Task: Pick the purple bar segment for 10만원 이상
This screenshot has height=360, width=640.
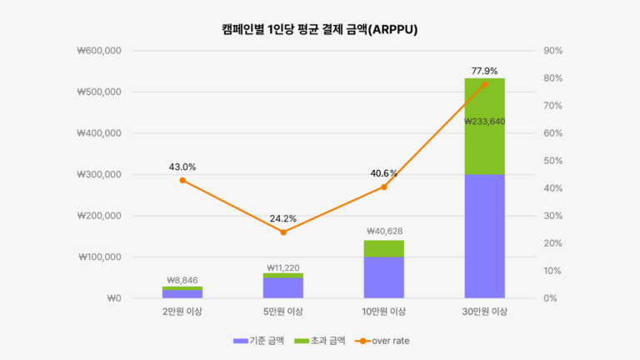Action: coord(383,277)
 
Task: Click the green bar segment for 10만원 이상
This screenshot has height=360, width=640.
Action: coord(383,248)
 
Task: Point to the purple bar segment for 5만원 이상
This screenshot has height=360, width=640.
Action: coord(282,287)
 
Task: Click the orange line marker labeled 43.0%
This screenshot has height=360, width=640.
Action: coord(182,180)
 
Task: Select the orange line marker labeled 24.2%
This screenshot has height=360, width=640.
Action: coord(282,232)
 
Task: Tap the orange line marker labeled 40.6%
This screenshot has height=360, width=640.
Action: coord(383,187)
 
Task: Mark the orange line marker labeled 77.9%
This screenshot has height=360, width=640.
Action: coord(484,84)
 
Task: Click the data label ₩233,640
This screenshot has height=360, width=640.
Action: coord(484,121)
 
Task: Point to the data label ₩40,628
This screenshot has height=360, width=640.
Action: coord(383,231)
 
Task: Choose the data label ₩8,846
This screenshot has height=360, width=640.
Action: coord(182,280)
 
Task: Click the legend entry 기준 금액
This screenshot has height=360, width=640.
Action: coord(266,340)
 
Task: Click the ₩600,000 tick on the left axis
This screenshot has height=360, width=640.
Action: coord(99,51)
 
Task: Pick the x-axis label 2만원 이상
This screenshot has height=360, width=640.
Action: coord(182,312)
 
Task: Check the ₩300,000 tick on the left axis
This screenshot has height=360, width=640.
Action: coord(99,175)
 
